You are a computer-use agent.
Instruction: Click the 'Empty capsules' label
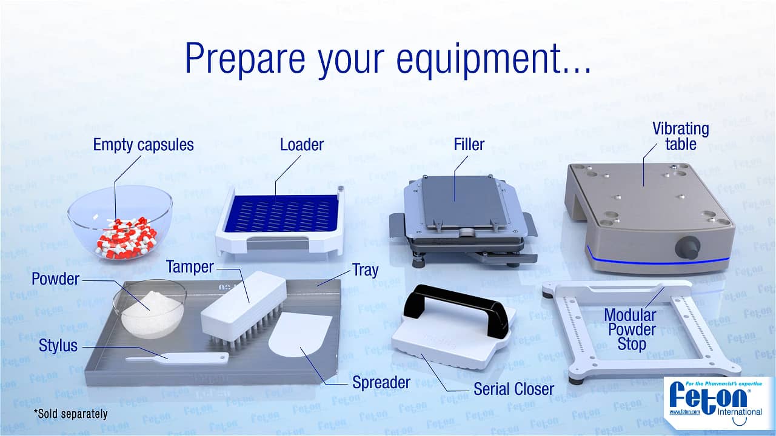pyautogui.click(x=143, y=145)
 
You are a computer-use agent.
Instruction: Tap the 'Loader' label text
pyautogui.click(x=301, y=145)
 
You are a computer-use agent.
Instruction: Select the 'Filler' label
pyautogui.click(x=469, y=145)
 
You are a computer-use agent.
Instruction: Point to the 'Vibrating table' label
pyautogui.click(x=680, y=136)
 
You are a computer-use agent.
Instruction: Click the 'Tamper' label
pyautogui.click(x=190, y=267)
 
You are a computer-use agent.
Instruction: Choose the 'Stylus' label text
pyautogui.click(x=58, y=346)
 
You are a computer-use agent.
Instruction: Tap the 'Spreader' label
pyautogui.click(x=381, y=383)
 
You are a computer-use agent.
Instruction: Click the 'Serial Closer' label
pyautogui.click(x=513, y=389)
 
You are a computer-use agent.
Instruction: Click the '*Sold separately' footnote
pyautogui.click(x=70, y=415)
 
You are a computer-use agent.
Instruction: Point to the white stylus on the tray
pyautogui.click(x=176, y=358)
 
